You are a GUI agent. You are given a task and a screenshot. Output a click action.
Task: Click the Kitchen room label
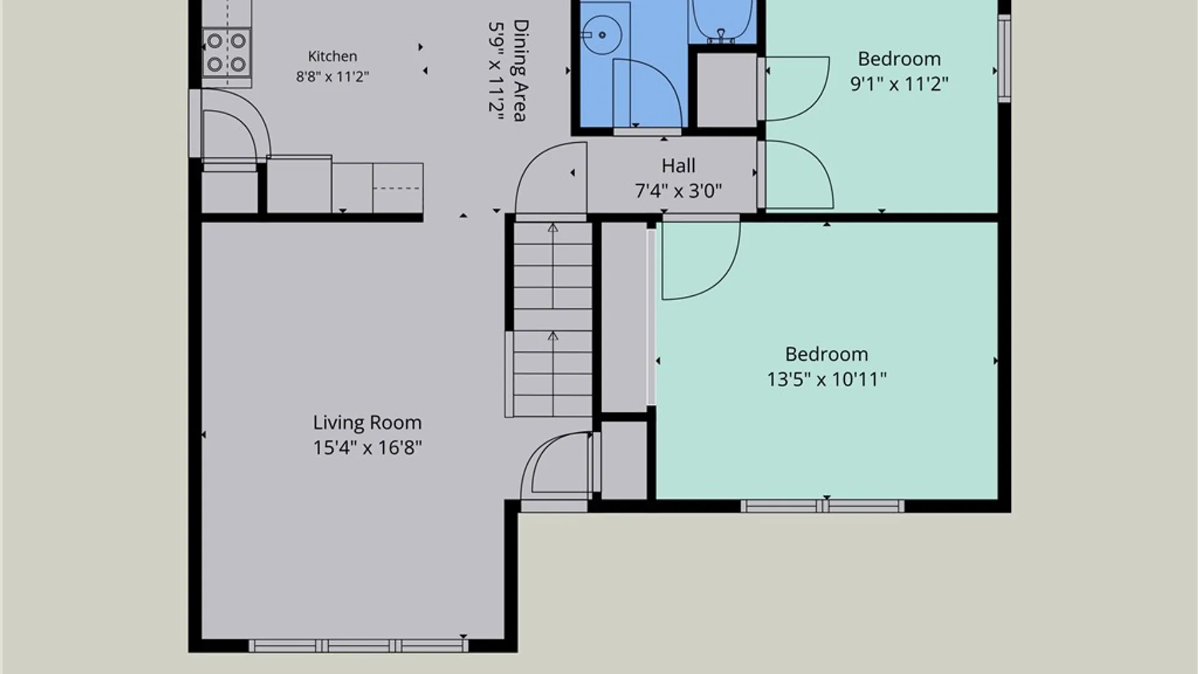[333, 56]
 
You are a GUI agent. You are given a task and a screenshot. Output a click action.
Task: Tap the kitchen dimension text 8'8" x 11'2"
[333, 77]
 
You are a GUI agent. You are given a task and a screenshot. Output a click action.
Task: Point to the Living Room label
[368, 422]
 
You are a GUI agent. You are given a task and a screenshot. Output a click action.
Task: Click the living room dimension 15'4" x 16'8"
[368, 447]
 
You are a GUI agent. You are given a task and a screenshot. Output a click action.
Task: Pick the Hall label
[678, 165]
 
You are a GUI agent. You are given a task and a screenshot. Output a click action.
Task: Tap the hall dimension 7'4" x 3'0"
[678, 190]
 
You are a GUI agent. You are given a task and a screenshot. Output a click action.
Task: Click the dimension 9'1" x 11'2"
[899, 84]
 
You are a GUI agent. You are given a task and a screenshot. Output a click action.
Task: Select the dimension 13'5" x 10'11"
[827, 379]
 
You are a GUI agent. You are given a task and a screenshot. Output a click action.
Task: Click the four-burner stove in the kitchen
[226, 52]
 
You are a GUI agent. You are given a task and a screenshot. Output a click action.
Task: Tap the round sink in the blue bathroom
[602, 35]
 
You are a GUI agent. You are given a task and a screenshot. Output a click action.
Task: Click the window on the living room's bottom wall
[358, 646]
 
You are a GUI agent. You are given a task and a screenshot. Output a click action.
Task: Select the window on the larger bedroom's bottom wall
[822, 506]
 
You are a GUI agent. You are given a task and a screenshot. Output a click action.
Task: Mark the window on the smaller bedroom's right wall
[1004, 58]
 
